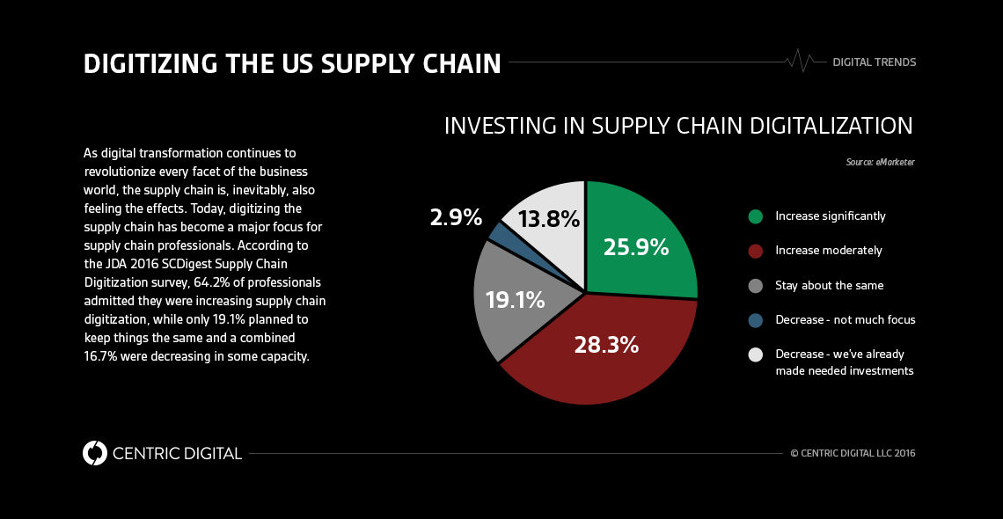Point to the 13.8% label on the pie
point(549,219)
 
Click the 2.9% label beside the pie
point(456,217)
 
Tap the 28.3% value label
point(606,345)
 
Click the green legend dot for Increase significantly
point(755,216)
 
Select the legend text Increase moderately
point(828,251)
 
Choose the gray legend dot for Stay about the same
point(755,286)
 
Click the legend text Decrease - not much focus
point(845,320)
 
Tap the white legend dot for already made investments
point(755,355)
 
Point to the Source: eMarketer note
point(881,163)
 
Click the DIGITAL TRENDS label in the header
point(874,62)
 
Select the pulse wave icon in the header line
point(799,62)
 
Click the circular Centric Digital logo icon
point(95,453)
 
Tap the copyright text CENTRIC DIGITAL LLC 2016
point(853,454)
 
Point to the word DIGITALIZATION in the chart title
point(831,126)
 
